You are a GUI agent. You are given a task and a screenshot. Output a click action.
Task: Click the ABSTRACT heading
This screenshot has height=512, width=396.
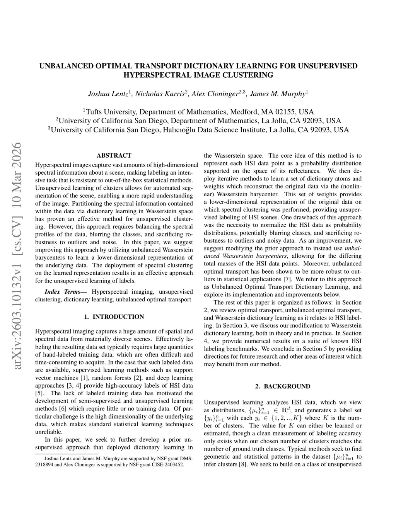click(x=114, y=155)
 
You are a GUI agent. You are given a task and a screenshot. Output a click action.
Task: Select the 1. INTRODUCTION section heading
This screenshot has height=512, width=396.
click(x=114, y=317)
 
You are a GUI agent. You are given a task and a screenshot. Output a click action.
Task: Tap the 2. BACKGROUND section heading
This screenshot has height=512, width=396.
click(x=283, y=386)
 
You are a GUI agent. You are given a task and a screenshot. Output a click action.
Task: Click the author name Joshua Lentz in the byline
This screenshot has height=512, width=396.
click(x=108, y=94)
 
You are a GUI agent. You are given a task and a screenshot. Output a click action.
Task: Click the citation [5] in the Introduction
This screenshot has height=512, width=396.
click(x=39, y=393)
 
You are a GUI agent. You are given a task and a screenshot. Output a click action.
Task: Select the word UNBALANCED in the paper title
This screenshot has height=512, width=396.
click(x=65, y=66)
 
